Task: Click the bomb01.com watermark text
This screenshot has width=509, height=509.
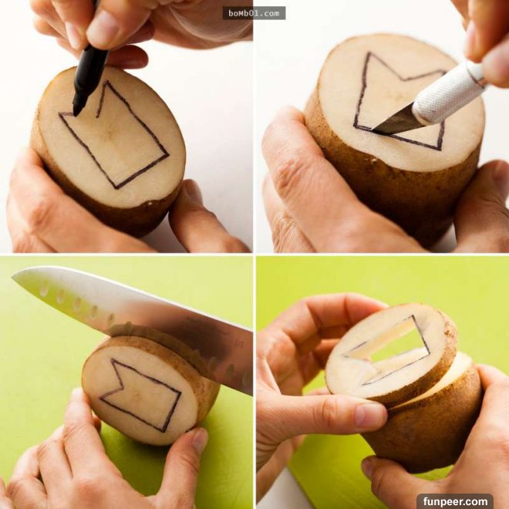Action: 254,13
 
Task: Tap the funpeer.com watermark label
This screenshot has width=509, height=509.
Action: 455,501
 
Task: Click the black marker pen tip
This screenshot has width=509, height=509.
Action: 77,110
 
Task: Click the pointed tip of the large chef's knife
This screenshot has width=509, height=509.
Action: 13,277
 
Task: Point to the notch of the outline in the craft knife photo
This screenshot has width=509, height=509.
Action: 403,79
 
